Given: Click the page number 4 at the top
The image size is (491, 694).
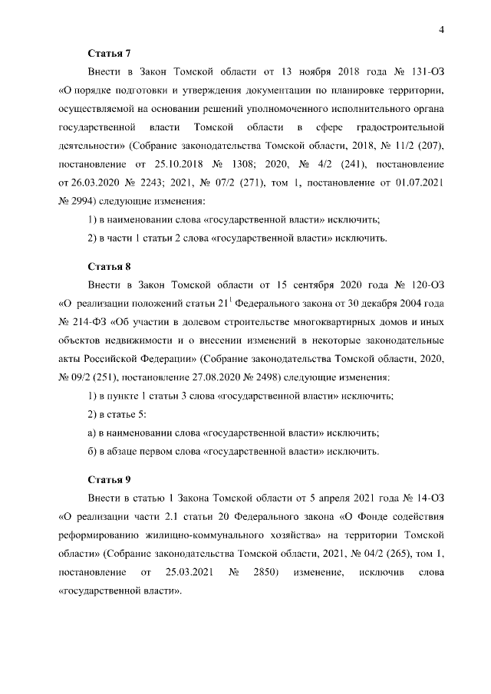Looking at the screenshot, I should tap(441, 29).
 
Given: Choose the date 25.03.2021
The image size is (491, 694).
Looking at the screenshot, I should tap(185, 571).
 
